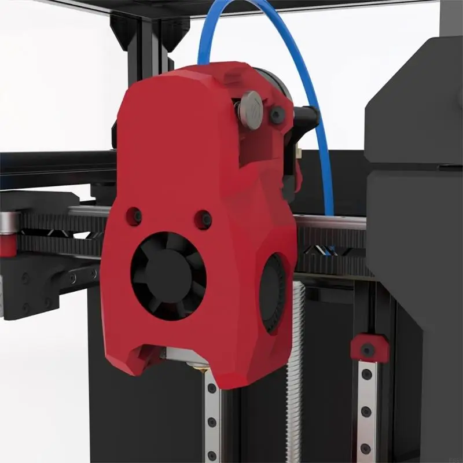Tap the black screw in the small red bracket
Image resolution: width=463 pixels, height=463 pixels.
coord(367,350)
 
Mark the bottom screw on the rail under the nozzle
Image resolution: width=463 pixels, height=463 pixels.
coord(212,455)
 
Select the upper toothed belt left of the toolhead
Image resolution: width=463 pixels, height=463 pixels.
coord(58,223)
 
